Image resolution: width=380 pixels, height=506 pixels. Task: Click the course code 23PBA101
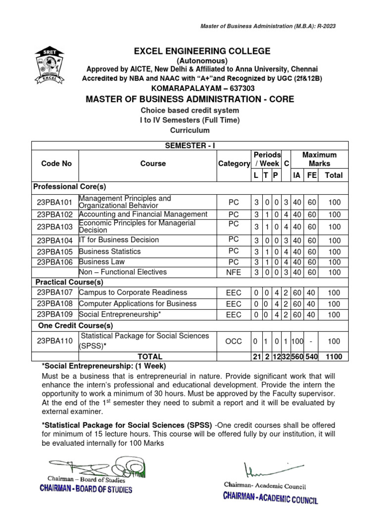pyautogui.click(x=54, y=202)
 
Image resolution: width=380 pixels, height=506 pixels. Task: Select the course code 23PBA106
pyautogui.click(x=54, y=262)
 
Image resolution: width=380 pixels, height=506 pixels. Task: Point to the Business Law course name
pyautogui.click(x=102, y=261)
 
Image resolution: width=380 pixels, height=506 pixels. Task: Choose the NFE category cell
pyautogui.click(x=234, y=272)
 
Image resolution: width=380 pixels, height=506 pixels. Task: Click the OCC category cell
pyautogui.click(x=234, y=341)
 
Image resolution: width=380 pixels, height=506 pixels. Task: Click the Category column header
pyautogui.click(x=234, y=163)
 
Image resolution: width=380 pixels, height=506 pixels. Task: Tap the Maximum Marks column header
pyautogui.click(x=319, y=159)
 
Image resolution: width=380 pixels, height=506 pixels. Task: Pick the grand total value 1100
pyautogui.click(x=334, y=356)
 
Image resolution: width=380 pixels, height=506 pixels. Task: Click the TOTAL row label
pyautogui.click(x=149, y=356)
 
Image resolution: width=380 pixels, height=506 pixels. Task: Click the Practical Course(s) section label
pyautogui.click(x=69, y=282)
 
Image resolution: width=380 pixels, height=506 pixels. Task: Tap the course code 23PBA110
pyautogui.click(x=54, y=341)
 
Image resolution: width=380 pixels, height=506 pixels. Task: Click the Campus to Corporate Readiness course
pyautogui.click(x=133, y=293)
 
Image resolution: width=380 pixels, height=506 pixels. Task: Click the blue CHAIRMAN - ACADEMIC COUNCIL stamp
pyautogui.click(x=270, y=497)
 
